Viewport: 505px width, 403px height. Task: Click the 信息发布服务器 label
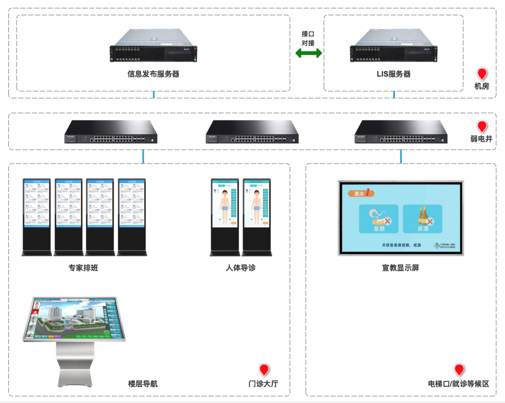coord(153,74)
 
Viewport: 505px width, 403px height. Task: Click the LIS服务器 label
coord(394,74)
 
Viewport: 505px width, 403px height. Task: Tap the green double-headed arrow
coord(309,53)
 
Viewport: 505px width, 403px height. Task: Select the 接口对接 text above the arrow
coord(308,38)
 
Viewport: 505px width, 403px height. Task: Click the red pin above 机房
coord(482,74)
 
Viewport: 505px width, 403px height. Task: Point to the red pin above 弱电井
coord(482,126)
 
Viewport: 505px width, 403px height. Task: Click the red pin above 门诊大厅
coord(264,369)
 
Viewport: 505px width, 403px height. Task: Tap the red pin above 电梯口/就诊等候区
coord(459,369)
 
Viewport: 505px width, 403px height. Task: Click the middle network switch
coord(252,132)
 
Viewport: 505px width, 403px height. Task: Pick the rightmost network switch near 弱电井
coord(401,132)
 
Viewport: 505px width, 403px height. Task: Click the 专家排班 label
coord(83,268)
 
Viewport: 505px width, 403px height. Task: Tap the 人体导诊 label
coord(240,268)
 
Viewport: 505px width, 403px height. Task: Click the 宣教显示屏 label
coord(400,268)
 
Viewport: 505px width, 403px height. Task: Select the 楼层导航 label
coord(143,384)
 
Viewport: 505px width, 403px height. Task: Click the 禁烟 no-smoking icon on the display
coord(378,219)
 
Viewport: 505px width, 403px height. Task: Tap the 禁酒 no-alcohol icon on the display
coord(422,219)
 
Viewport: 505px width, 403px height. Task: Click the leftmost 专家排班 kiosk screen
coord(36,207)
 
